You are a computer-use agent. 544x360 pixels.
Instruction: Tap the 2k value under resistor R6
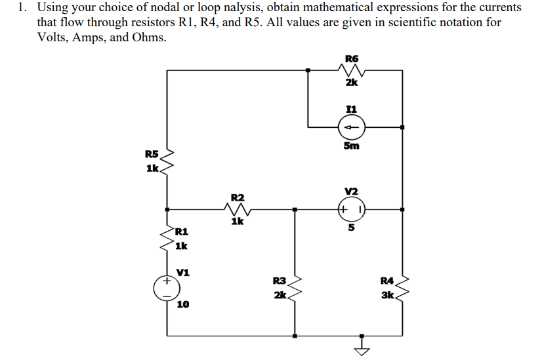point(351,83)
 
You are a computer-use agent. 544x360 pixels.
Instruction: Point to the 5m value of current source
point(351,146)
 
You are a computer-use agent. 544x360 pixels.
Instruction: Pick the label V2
point(351,191)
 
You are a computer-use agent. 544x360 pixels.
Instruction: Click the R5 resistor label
point(152,155)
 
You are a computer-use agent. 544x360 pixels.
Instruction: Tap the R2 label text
point(238,197)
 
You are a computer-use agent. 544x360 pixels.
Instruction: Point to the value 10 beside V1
point(184,305)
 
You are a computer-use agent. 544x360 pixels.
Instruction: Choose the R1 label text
point(182,231)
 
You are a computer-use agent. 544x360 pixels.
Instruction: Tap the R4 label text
point(388,281)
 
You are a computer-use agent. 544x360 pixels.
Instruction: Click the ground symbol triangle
point(360,347)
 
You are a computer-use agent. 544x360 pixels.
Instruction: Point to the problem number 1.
point(22,8)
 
